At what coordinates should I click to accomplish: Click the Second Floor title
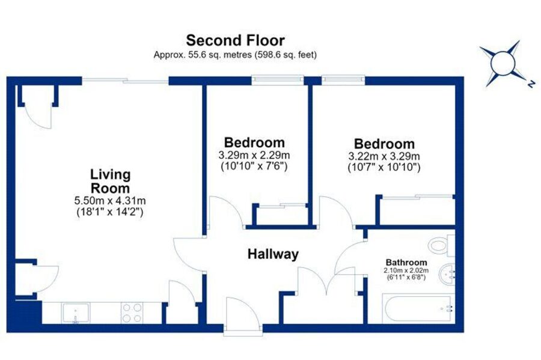235,40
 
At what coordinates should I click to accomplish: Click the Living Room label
111,182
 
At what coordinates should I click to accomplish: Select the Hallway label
274,254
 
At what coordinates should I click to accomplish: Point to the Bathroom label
406,262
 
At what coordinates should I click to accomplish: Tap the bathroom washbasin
447,275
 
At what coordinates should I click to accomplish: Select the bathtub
418,309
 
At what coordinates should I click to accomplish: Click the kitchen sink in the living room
76,313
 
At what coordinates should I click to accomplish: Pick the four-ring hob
132,313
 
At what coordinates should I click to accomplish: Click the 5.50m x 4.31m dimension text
110,200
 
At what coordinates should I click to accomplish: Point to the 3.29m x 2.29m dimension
254,155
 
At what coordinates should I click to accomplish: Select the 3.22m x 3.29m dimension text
384,156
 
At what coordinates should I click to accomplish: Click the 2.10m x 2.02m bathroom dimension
406,270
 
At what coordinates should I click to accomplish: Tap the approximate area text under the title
235,55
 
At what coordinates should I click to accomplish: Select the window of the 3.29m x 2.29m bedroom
278,81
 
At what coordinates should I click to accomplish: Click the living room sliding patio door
125,81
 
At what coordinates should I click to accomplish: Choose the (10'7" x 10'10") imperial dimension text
384,167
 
